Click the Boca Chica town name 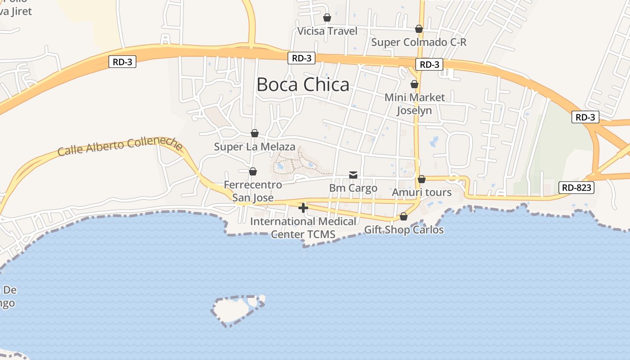coord(303,85)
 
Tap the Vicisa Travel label coord(327,31)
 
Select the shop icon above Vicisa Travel coord(327,18)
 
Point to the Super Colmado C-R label coord(418,42)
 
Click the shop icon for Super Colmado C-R coord(419,29)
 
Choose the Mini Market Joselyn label coord(414,104)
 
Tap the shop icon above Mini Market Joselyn coord(414,84)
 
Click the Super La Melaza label coord(255,147)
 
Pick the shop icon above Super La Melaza coord(255,133)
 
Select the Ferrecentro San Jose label coord(253,191)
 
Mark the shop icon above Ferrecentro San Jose coord(253,171)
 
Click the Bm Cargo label coord(353,188)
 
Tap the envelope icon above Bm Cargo coord(353,175)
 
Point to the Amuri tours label coord(422,192)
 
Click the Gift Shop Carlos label coord(404,230)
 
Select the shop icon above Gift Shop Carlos coord(404,217)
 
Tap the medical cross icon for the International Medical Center coord(303,207)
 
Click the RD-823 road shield coord(576,188)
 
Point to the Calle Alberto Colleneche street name coord(120,146)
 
